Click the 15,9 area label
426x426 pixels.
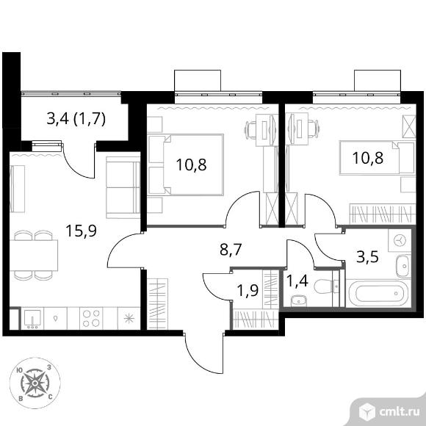point(81,231)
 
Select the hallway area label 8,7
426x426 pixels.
point(231,250)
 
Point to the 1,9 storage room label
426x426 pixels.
point(248,292)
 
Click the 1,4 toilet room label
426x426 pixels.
point(297,281)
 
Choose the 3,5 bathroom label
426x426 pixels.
point(367,257)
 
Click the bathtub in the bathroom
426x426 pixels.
point(378,293)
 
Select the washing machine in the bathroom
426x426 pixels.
point(400,241)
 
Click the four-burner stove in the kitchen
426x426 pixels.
point(91,319)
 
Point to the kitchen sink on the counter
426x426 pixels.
point(32,319)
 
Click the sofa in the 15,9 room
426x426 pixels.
point(123,187)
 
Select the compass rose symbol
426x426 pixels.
point(35,383)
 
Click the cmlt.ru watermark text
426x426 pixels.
point(400,413)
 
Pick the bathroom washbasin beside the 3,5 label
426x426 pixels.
point(404,266)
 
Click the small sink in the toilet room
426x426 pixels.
point(299,301)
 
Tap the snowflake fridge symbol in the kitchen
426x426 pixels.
point(129,319)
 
